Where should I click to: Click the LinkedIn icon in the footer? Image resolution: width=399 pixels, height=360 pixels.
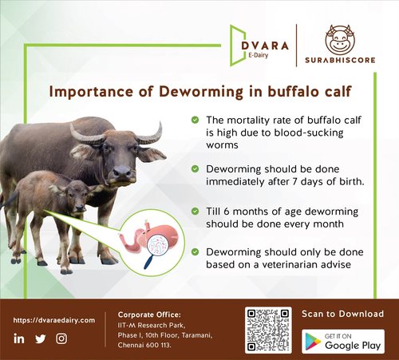click(19, 338)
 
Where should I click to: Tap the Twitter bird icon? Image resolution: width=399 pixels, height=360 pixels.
click(41, 338)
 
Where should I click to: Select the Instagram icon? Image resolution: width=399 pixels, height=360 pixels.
click(61, 338)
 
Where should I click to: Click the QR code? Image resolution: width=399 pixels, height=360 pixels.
click(268, 330)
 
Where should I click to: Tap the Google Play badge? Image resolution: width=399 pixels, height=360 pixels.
click(343, 342)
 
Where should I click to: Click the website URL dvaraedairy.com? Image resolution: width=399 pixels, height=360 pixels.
click(54, 320)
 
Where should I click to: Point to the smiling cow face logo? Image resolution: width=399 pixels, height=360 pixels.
click(340, 39)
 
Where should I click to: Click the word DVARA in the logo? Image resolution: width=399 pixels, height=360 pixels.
click(265, 45)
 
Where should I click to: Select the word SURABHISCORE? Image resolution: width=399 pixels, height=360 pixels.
click(340, 60)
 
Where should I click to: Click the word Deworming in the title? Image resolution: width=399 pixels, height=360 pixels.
click(201, 92)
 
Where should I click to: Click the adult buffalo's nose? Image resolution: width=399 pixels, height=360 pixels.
click(122, 172)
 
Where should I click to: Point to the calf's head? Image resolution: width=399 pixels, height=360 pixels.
click(74, 196)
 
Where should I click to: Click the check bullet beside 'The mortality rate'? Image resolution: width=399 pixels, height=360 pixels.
click(195, 120)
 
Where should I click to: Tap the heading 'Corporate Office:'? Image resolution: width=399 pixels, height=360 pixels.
click(149, 315)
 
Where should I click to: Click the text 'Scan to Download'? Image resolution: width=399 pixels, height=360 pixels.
click(343, 314)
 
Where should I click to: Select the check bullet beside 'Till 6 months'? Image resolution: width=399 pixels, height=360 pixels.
click(195, 212)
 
